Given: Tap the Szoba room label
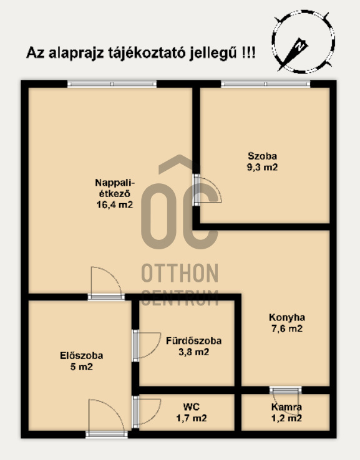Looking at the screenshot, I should (x=262, y=156).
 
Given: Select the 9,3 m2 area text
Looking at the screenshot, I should (x=262, y=167).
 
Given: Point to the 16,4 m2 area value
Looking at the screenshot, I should (x=114, y=204).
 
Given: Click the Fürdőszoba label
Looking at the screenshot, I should (x=193, y=341).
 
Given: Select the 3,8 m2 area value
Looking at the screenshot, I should (x=193, y=352).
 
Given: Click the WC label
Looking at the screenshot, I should (x=192, y=407).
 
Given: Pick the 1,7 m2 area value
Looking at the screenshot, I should (x=192, y=418).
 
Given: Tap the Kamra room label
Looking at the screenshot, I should (x=286, y=407).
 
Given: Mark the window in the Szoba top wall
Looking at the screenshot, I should (x=265, y=84).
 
